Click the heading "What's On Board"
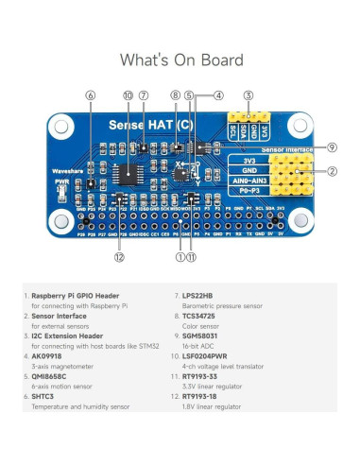(180, 60)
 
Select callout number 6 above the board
(90, 95)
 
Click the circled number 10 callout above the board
(129, 95)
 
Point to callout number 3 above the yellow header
(248, 95)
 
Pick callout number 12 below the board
(119, 256)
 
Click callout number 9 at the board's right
(332, 147)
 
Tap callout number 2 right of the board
(332, 172)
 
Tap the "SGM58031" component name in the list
(210, 339)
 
